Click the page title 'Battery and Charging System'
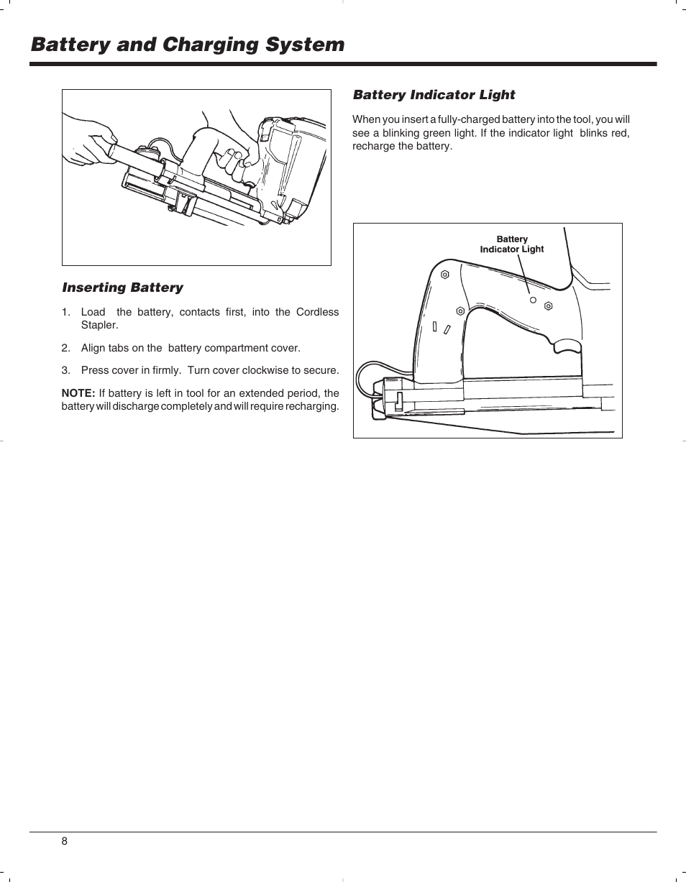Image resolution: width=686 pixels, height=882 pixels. (188, 45)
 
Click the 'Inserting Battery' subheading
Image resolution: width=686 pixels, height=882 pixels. (123, 288)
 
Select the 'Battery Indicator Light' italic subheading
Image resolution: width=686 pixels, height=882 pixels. (434, 95)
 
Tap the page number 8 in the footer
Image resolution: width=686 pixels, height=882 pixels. (64, 842)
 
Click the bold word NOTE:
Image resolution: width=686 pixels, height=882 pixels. (78, 393)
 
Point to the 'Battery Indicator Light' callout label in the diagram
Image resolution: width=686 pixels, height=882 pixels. (512, 244)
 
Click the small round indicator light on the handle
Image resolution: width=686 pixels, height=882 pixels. (533, 300)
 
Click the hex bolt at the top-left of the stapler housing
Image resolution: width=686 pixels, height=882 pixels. (445, 274)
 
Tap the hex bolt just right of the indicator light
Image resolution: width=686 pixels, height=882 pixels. (549, 306)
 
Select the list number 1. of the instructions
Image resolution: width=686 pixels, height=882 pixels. (65, 312)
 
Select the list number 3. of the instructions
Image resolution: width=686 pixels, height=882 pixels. (65, 371)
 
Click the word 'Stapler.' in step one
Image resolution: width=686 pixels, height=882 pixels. (99, 325)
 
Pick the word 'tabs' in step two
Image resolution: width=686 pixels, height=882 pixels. (119, 348)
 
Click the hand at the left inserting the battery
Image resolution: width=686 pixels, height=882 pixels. (90, 140)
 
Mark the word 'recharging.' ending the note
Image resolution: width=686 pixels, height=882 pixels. (312, 407)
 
